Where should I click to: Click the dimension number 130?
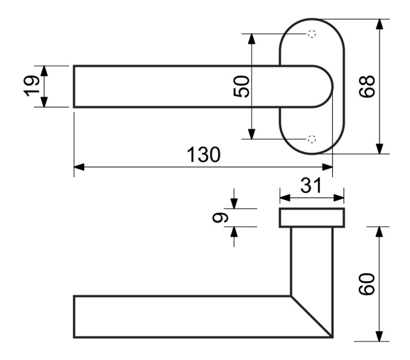click(x=204, y=155)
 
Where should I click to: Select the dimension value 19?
click(x=31, y=86)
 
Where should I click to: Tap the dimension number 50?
click(x=241, y=86)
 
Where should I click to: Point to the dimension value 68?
click(x=367, y=86)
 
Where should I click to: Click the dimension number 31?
click(x=311, y=186)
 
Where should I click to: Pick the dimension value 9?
click(x=220, y=218)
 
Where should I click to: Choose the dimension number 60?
click(x=367, y=284)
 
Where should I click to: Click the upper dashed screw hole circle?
click(x=312, y=34)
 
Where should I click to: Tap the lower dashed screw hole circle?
click(x=312, y=139)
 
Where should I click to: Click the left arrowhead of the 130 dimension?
click(x=79, y=167)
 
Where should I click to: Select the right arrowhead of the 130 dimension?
click(x=328, y=167)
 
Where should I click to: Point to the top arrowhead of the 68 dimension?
click(x=379, y=24)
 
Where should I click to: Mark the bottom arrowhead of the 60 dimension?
click(x=379, y=336)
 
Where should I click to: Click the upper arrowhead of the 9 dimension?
click(x=234, y=204)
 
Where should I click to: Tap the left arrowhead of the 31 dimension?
click(x=285, y=198)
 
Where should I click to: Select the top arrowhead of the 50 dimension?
click(x=251, y=39)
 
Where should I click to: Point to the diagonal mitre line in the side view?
click(x=312, y=317)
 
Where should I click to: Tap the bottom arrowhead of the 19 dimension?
click(x=44, y=102)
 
